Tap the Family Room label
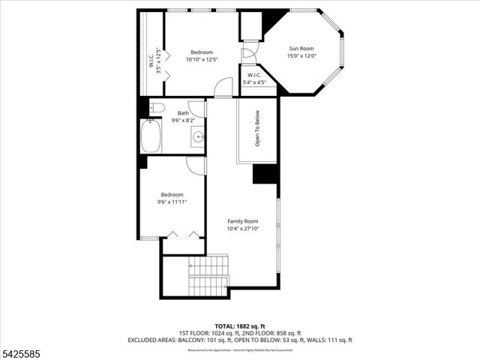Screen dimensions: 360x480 pyautogui.click(x=242, y=221)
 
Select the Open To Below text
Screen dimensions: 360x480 pyautogui.click(x=257, y=130)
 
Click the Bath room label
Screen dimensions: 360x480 pyautogui.click(x=183, y=113)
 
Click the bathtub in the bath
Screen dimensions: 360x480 pyautogui.click(x=150, y=137)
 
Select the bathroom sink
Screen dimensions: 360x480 pyautogui.click(x=198, y=136)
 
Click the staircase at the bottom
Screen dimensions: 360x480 pyautogui.click(x=208, y=275)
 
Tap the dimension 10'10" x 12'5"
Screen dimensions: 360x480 pyautogui.click(x=202, y=59)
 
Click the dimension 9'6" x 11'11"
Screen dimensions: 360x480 pyautogui.click(x=172, y=202)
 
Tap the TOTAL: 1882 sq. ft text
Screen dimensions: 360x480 pyautogui.click(x=239, y=326)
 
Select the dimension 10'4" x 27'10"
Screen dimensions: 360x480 pyautogui.click(x=242, y=229)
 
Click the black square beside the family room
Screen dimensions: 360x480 pyautogui.click(x=265, y=173)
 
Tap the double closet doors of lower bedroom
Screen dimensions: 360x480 pyautogui.click(x=183, y=235)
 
